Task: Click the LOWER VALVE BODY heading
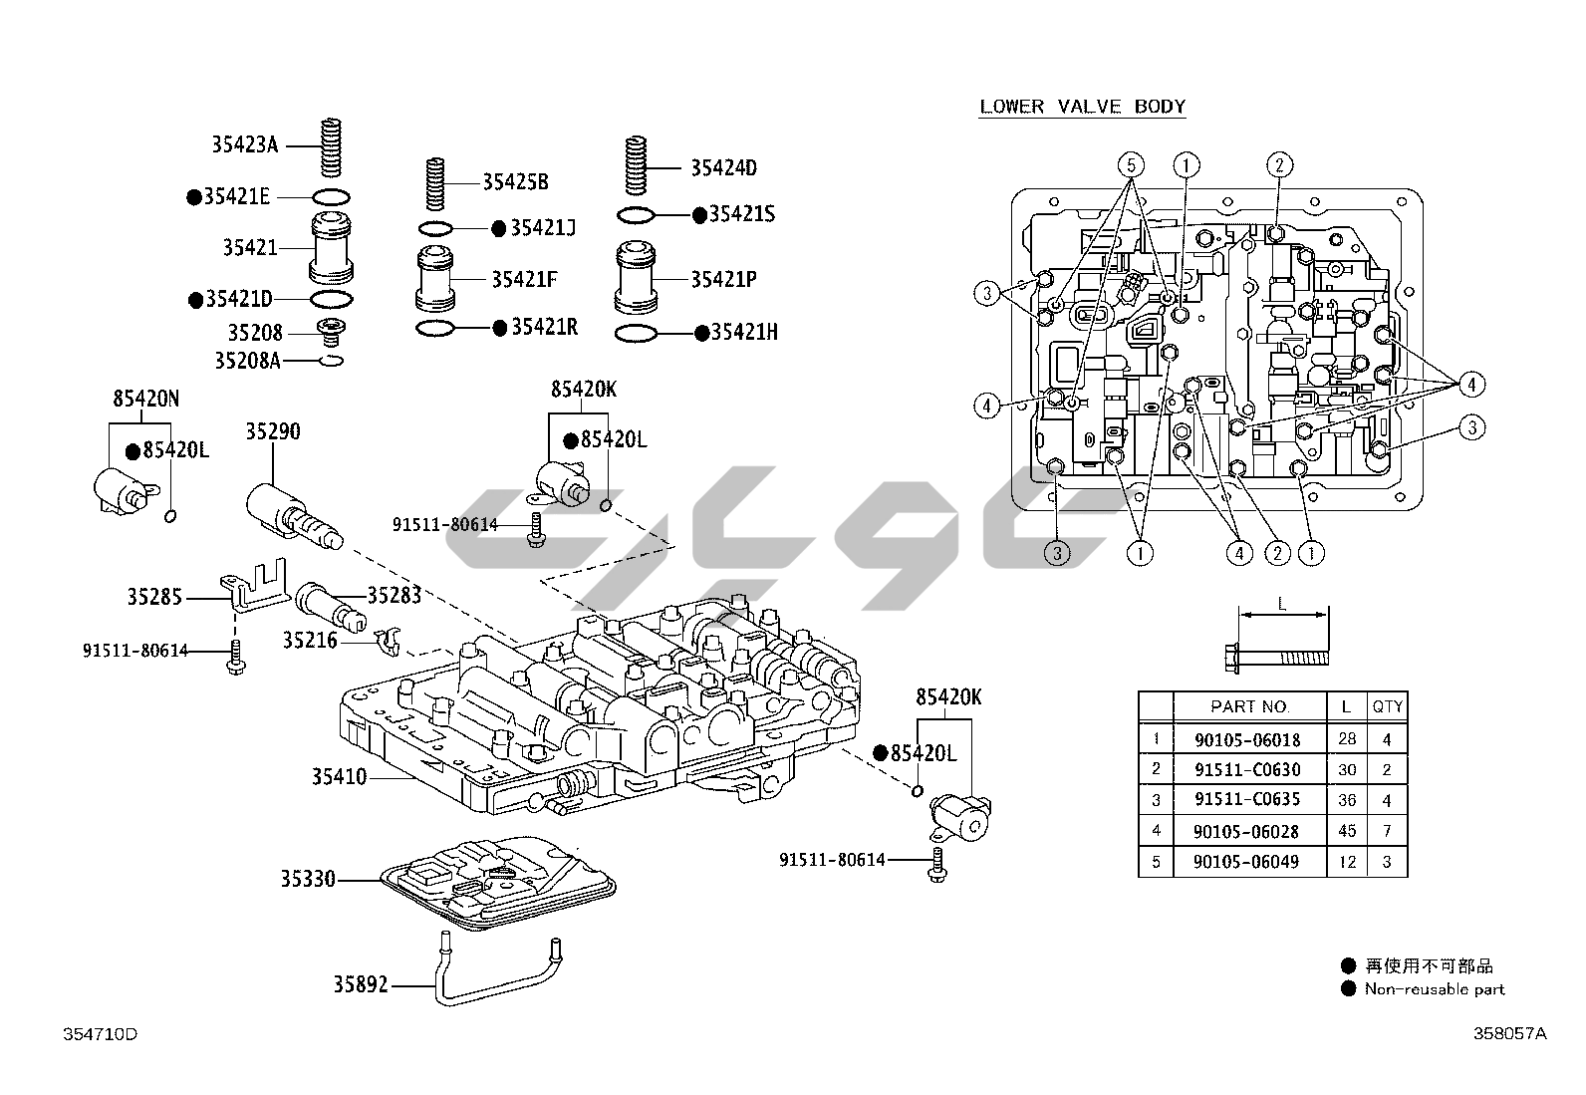point(1082,107)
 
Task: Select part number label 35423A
point(244,144)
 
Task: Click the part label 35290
point(273,432)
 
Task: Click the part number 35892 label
point(362,985)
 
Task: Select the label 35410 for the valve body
point(339,777)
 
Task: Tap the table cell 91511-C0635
point(1247,799)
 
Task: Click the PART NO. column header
point(1249,706)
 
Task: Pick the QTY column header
point(1387,706)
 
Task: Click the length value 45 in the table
point(1347,831)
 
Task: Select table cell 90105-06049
point(1247,862)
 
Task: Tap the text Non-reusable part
point(1434,989)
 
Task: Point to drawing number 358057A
point(1510,1034)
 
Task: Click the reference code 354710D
point(100,1034)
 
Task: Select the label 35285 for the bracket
point(154,597)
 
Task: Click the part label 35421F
point(523,279)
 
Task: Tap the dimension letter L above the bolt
point(1282,604)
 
